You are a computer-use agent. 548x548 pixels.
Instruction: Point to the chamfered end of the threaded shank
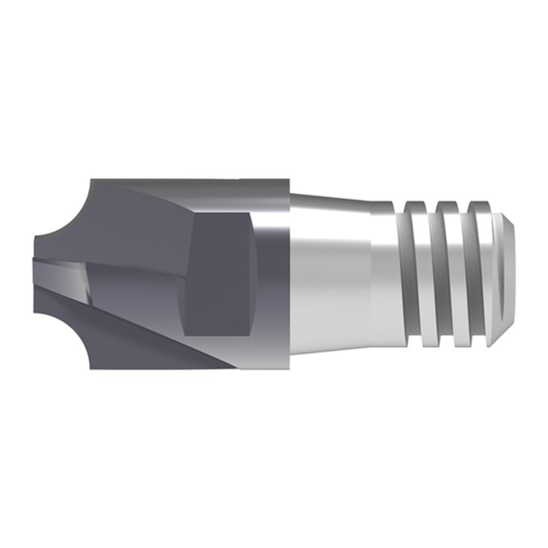click(x=507, y=274)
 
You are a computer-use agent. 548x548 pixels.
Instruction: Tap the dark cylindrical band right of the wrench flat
click(x=271, y=274)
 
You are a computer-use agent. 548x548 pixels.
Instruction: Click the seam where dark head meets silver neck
click(x=289, y=274)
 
